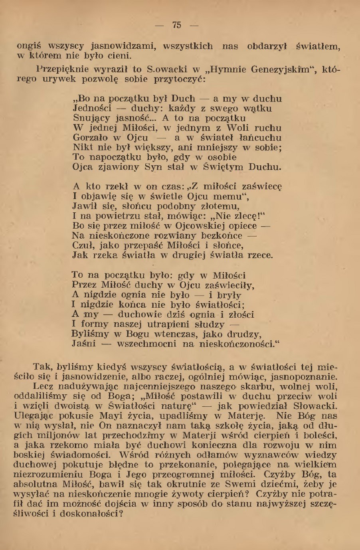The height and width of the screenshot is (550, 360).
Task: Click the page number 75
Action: point(176,25)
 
